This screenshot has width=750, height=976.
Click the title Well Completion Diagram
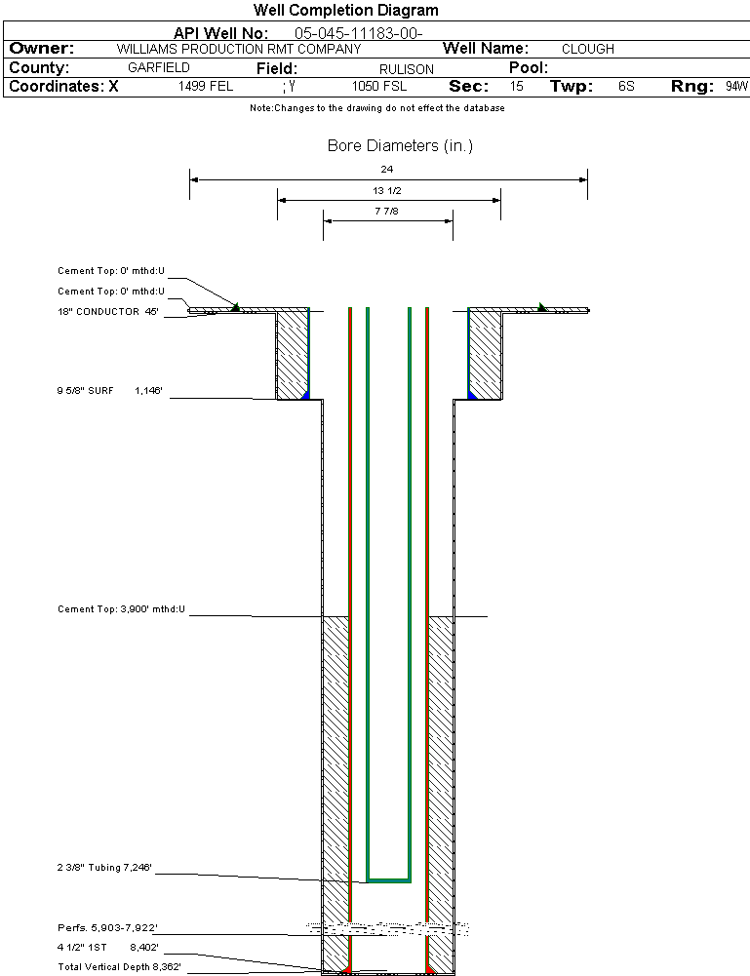click(345, 11)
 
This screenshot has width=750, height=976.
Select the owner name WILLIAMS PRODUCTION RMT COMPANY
click(238, 49)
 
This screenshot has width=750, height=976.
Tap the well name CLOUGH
click(588, 49)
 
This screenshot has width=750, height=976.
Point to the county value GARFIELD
click(159, 68)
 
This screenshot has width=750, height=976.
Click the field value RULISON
click(407, 69)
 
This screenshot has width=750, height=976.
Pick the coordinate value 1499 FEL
click(206, 87)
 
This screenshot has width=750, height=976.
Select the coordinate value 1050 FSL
click(379, 87)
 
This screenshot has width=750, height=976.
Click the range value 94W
click(736, 87)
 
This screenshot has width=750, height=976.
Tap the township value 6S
click(626, 87)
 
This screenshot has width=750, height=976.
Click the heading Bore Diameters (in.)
click(400, 146)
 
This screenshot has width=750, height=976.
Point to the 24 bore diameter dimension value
click(387, 170)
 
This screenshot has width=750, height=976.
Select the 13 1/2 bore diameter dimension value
click(387, 191)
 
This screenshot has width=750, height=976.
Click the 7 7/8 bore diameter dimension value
click(387, 212)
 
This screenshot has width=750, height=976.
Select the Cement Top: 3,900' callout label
click(121, 609)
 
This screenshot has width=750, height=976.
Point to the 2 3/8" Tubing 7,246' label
click(104, 867)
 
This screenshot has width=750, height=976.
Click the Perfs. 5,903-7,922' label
click(107, 927)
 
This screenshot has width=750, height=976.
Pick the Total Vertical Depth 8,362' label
click(120, 966)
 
